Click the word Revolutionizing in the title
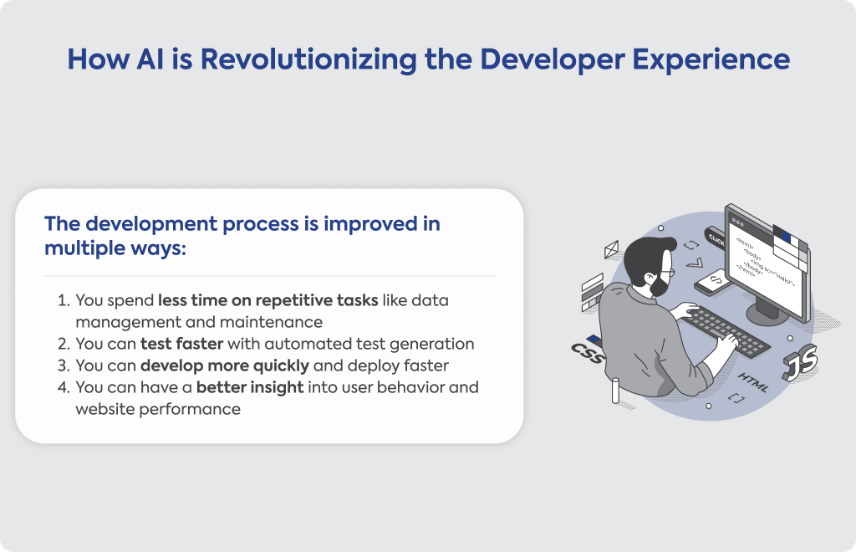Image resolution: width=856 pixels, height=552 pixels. (x=308, y=59)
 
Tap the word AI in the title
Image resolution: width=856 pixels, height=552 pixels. (x=150, y=59)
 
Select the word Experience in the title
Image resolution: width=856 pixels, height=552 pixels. (x=711, y=60)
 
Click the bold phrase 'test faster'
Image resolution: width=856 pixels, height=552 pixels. (x=181, y=344)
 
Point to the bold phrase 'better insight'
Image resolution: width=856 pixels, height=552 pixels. (x=250, y=387)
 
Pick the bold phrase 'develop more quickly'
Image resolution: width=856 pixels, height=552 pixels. (x=224, y=365)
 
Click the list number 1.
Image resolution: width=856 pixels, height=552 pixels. (x=64, y=300)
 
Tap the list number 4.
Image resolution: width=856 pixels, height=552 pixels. (x=64, y=387)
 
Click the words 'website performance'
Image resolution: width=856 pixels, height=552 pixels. (x=158, y=410)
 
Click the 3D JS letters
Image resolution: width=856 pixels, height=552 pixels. (x=800, y=362)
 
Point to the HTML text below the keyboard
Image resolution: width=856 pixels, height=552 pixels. (x=753, y=383)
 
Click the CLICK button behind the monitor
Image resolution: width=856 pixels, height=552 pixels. (x=716, y=238)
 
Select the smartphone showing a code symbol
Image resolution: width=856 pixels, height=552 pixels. (x=711, y=283)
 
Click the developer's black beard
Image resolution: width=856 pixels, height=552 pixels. (x=660, y=285)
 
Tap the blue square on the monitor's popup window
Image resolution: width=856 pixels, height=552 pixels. (x=786, y=235)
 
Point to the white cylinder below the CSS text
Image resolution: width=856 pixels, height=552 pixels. (x=615, y=391)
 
